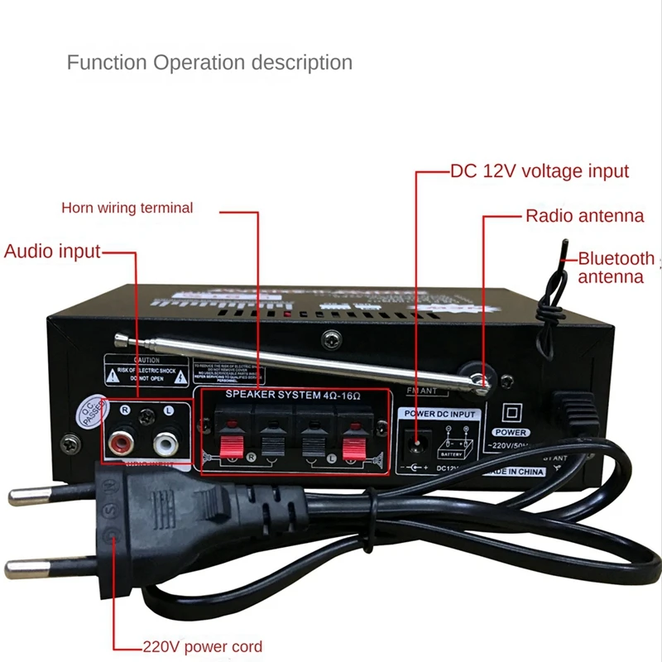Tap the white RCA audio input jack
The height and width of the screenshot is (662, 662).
pos(166,444)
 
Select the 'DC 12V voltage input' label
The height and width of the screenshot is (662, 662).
pos(540,172)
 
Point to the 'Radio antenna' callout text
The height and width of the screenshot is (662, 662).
pos(584,216)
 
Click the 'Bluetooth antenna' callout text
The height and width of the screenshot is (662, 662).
pos(615,267)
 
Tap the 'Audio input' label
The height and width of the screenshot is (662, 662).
pos(52,252)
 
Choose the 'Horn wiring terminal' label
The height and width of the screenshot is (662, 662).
pos(127,208)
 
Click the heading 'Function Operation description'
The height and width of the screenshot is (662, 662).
pos(209,62)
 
